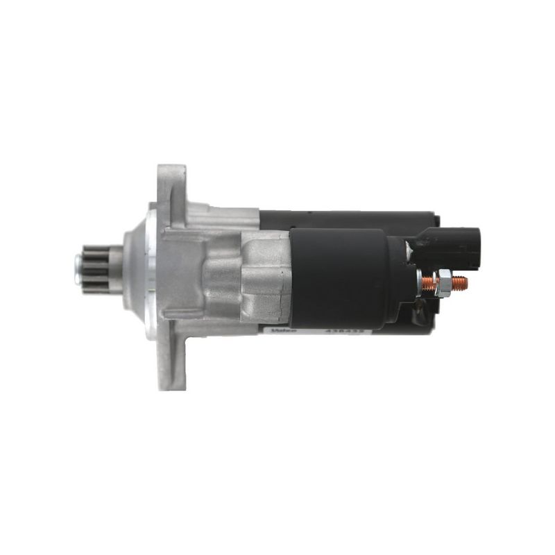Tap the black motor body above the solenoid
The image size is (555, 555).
coord(347,218)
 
